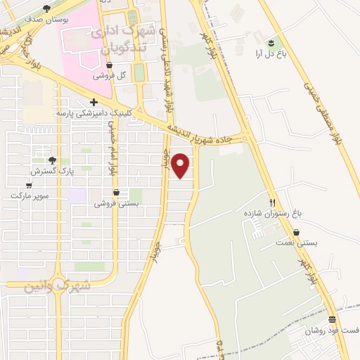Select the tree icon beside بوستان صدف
pyautogui.click(x=46, y=9)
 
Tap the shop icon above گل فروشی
pyautogui.click(x=109, y=65)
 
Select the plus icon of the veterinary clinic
pyautogui.click(x=94, y=103)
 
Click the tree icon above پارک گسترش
pyautogui.click(x=52, y=160)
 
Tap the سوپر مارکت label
pyautogui.click(x=29, y=195)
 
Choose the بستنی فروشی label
pyautogui.click(x=117, y=203)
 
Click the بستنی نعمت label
pyautogui.click(x=295, y=243)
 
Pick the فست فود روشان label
pyautogui.click(x=331, y=330)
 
